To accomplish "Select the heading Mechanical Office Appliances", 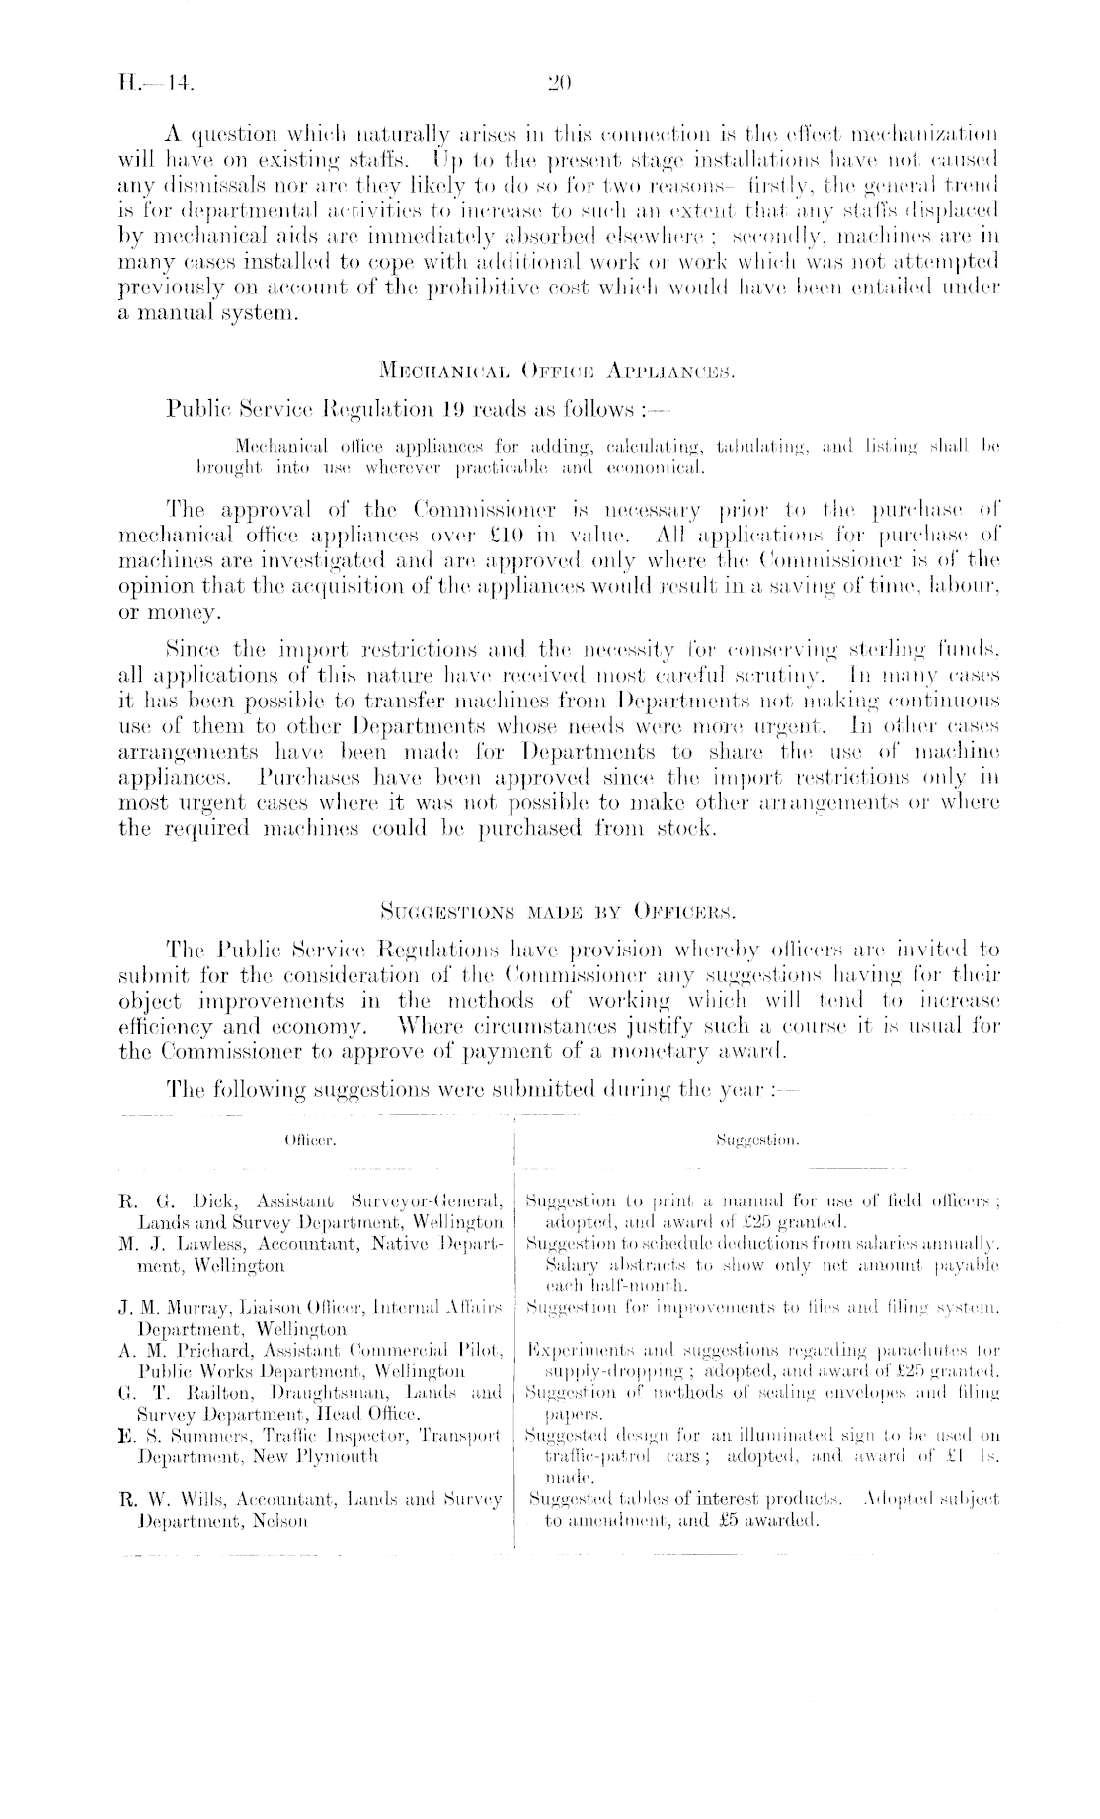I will (551, 373).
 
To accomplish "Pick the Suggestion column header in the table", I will (759, 1139).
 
